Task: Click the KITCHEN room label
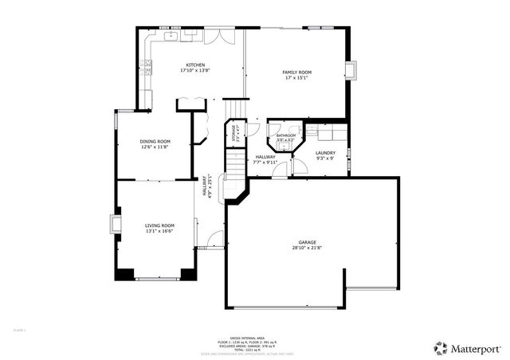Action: coord(195,65)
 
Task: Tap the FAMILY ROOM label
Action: coord(296,72)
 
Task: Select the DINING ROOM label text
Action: coord(155,141)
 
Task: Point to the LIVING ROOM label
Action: coord(159,225)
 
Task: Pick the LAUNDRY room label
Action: coord(325,153)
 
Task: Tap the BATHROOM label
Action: coord(286,135)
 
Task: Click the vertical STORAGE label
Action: coord(234,131)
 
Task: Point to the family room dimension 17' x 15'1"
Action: coord(296,78)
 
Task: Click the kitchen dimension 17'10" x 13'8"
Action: coord(195,71)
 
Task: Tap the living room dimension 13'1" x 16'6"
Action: coord(159,231)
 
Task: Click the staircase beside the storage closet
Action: coord(234,163)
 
